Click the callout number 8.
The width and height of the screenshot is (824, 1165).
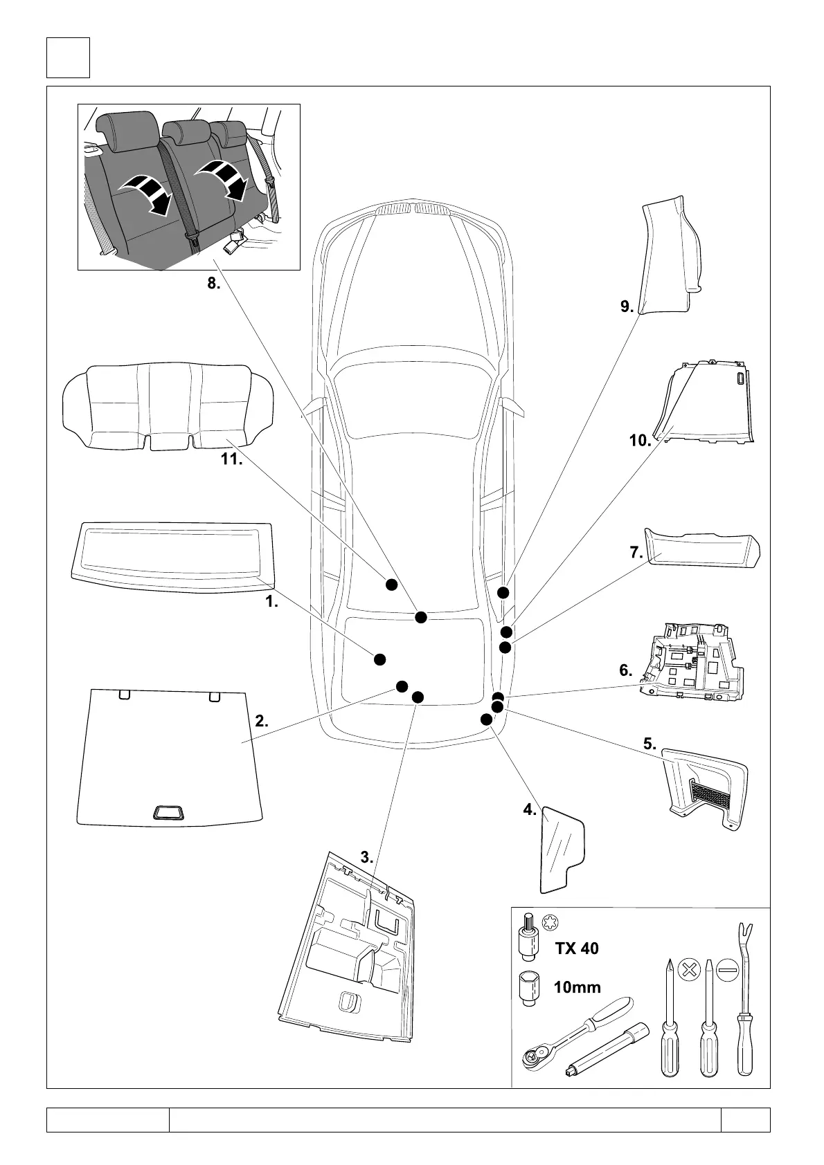pos(213,283)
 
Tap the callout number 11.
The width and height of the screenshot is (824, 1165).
pos(231,459)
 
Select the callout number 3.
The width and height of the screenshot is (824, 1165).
pos(366,857)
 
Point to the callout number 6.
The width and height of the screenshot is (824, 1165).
pos(625,670)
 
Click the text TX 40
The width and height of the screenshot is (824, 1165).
pos(576,948)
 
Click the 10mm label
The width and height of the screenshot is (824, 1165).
pos(577,987)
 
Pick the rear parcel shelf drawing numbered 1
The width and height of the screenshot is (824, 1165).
pos(170,550)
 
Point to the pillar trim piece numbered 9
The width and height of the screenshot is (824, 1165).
pos(668,256)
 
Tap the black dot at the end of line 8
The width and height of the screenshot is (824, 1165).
pos(420,617)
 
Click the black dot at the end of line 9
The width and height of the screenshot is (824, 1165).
pos(503,592)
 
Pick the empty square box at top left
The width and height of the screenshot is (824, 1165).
pos(68,58)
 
